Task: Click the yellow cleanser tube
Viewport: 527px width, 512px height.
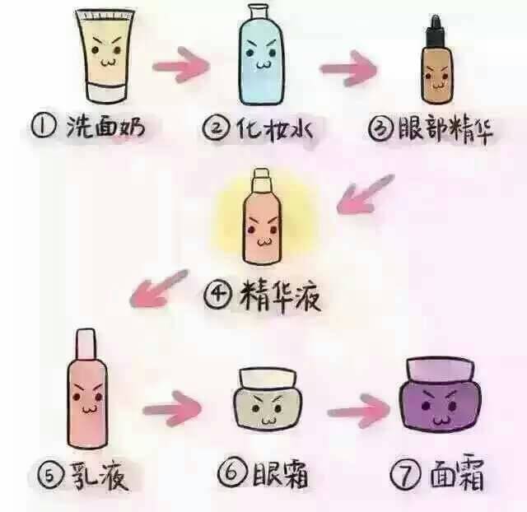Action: (x=105, y=55)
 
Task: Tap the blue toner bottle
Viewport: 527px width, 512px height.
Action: (x=261, y=55)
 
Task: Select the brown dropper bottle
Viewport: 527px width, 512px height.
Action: (x=437, y=60)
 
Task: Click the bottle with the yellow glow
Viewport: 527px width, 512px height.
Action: (x=262, y=216)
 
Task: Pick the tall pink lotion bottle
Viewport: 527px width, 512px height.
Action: (x=87, y=389)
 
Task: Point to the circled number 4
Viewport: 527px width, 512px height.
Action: (x=217, y=295)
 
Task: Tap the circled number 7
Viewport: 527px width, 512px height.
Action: (x=405, y=475)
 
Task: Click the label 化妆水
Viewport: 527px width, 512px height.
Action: (x=274, y=128)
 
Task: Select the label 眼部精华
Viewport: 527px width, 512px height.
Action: (x=445, y=129)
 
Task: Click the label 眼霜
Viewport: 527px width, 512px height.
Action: (x=280, y=474)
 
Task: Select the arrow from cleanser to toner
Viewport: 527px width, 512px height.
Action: (x=181, y=65)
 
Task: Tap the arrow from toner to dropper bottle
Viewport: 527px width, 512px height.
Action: (x=347, y=68)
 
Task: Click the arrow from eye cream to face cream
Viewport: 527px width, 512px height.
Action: (x=359, y=411)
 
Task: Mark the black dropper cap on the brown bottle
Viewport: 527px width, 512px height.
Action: (x=436, y=31)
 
